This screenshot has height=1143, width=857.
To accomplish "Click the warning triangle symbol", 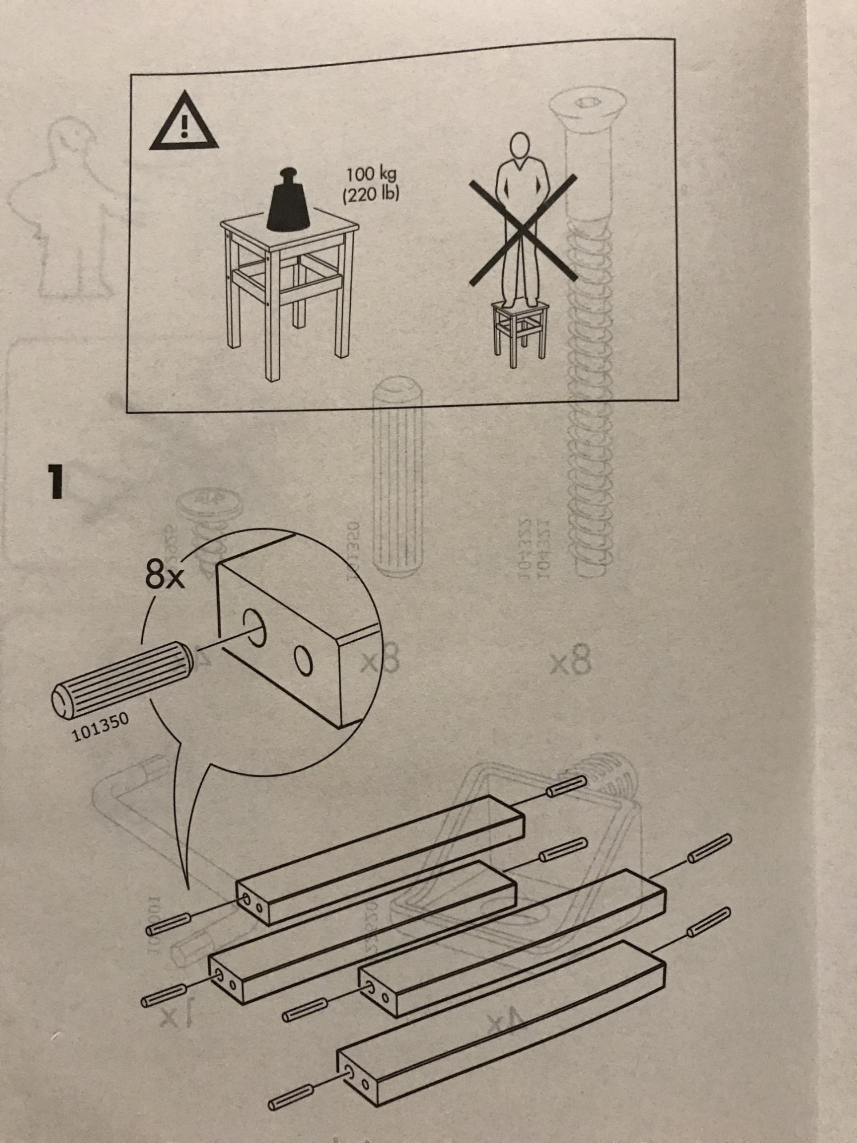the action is click(x=183, y=123).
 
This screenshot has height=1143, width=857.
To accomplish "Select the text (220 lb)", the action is click(x=371, y=195).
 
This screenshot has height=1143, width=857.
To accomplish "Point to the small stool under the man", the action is click(x=519, y=331).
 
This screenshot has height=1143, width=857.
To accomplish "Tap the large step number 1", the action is click(x=55, y=482).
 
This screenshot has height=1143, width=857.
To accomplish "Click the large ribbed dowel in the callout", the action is click(x=123, y=677).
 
